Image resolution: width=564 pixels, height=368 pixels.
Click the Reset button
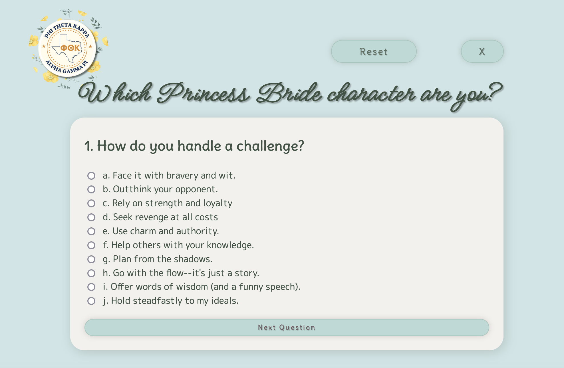point(374,51)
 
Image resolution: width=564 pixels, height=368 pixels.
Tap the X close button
point(482,51)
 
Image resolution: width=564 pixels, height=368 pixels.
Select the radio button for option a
point(91,175)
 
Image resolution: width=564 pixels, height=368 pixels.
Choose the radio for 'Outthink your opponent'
point(91,189)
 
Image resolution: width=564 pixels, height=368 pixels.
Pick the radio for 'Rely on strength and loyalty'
point(91,203)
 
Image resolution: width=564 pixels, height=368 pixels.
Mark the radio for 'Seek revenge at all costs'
point(91,217)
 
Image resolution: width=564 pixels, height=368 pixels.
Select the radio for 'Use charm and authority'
point(91,231)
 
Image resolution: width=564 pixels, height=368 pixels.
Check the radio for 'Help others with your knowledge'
point(91,245)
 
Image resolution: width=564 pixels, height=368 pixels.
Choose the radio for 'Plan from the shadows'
point(91,259)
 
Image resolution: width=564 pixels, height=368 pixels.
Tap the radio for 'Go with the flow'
point(91,273)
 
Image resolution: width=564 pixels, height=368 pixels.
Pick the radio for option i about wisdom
point(91,287)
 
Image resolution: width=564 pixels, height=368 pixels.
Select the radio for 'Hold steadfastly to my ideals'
point(91,301)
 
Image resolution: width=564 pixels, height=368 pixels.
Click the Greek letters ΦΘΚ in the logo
point(70,48)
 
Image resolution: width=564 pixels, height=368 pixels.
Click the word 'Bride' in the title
point(289,93)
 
